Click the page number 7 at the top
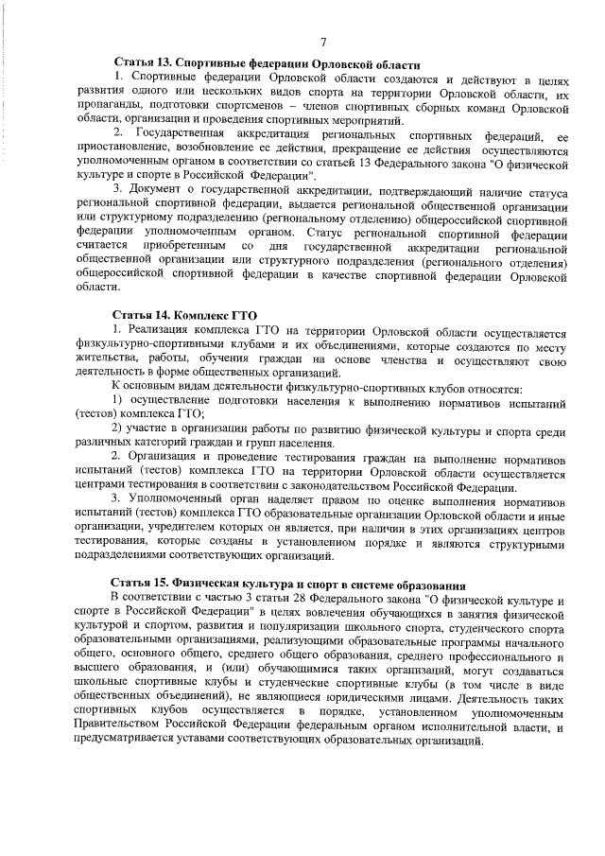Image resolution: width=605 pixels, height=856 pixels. tap(322, 42)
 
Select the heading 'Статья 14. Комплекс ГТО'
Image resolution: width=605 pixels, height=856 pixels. tap(184, 316)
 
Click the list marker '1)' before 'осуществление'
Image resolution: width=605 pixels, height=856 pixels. tap(119, 400)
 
